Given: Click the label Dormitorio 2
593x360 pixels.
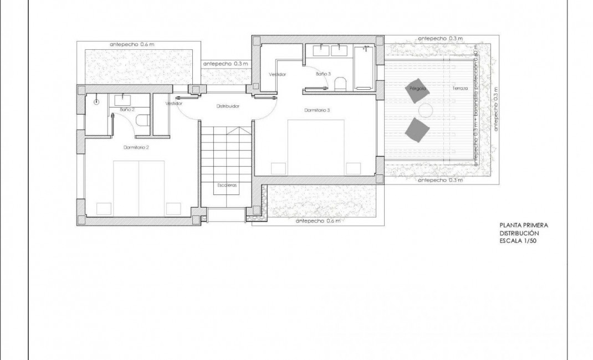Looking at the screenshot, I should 136,147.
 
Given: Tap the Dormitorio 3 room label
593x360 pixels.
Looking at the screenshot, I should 317,110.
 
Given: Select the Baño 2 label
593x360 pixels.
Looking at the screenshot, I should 127,109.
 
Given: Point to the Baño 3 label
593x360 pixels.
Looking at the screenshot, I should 323,74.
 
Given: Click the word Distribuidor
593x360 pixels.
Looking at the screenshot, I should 227,106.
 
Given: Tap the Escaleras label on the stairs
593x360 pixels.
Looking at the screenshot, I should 227,186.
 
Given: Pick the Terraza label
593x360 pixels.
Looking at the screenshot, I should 459,89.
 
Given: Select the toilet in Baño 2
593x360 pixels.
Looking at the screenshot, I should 142,121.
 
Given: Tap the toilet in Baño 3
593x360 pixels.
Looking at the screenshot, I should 341,84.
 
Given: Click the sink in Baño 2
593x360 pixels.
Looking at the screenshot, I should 122,99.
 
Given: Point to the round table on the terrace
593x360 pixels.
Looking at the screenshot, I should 426,110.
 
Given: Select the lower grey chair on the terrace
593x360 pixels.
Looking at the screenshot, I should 417,130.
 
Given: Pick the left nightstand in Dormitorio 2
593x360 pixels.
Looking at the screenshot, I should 105,208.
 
